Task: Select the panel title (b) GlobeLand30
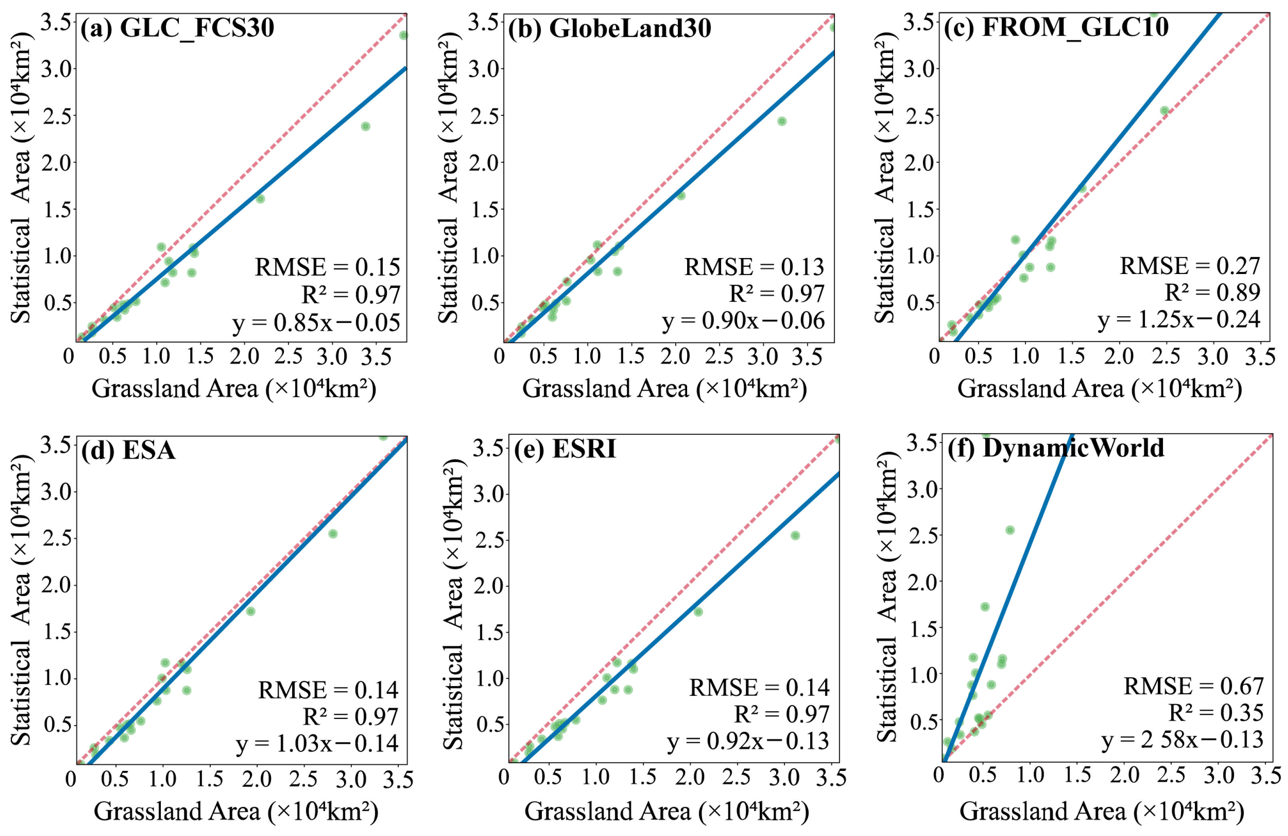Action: pyautogui.click(x=609, y=28)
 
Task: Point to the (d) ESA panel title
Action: pyautogui.click(x=128, y=450)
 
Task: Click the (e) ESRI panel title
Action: pyautogui.click(x=565, y=449)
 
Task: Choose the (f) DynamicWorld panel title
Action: pyautogui.click(x=1055, y=448)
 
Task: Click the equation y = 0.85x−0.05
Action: pyautogui.click(x=317, y=323)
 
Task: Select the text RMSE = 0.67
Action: pyautogui.click(x=1193, y=687)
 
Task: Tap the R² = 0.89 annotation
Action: pyautogui.click(x=1212, y=292)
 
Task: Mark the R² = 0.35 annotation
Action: pyautogui.click(x=1215, y=713)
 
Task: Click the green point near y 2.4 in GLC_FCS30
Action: pyautogui.click(x=365, y=127)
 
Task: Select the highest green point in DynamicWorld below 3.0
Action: pyautogui.click(x=1010, y=530)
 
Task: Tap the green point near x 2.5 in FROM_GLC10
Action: pyautogui.click(x=1165, y=111)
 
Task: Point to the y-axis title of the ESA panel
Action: pyautogui.click(x=21, y=600)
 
